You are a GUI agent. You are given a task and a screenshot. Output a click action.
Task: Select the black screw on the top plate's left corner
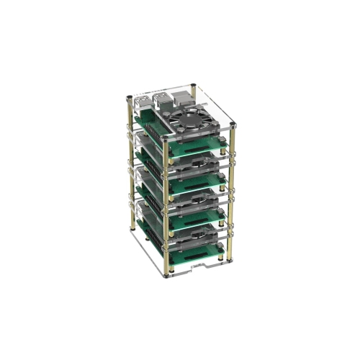[x=128, y=97]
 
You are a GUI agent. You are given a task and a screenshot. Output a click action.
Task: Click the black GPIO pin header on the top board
[x=153, y=129]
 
